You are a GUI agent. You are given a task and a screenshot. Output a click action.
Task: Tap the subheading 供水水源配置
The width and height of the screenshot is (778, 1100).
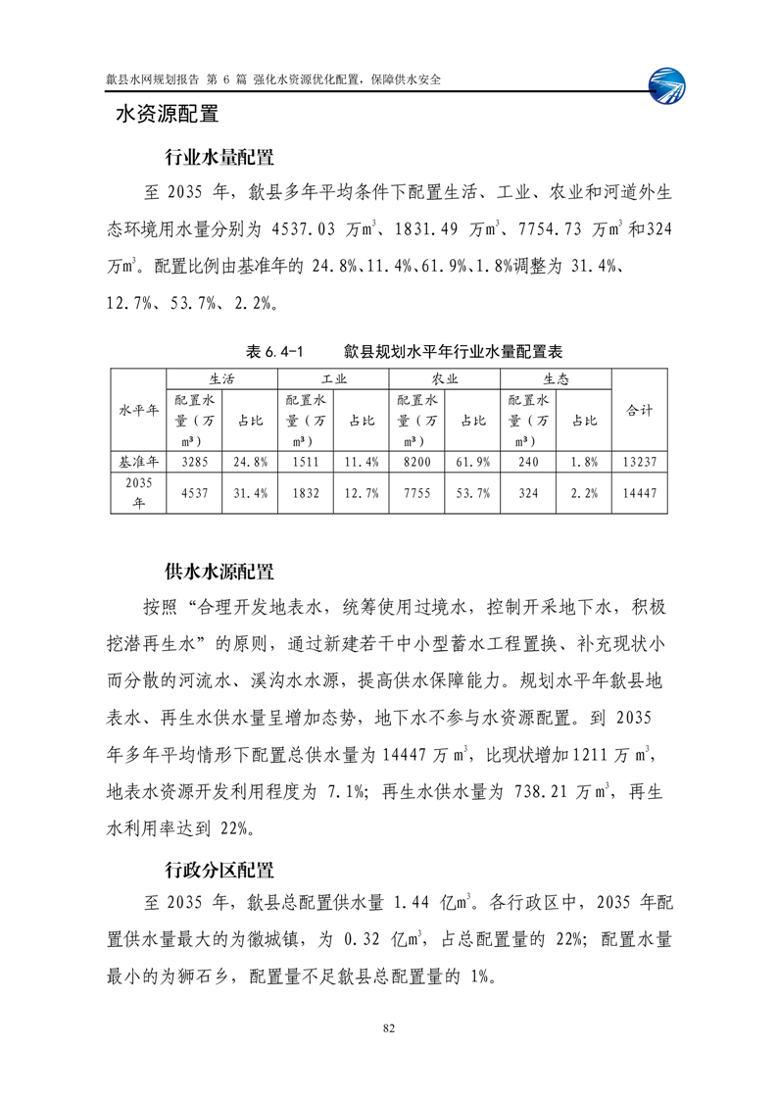pos(219,572)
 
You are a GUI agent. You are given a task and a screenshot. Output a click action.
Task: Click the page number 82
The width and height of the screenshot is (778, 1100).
pos(389,1027)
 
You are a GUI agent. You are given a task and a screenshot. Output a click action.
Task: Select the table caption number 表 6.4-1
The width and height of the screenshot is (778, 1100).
pos(276,350)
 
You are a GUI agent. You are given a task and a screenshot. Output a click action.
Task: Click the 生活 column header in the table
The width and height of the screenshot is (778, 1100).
pos(221,377)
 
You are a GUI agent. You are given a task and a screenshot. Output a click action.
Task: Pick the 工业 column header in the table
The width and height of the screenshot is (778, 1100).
pos(333,377)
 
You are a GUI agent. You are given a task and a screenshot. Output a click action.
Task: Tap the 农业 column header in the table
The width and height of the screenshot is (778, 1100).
pos(445,377)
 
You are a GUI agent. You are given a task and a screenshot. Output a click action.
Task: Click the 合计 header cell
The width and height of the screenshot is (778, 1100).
pos(639,410)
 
